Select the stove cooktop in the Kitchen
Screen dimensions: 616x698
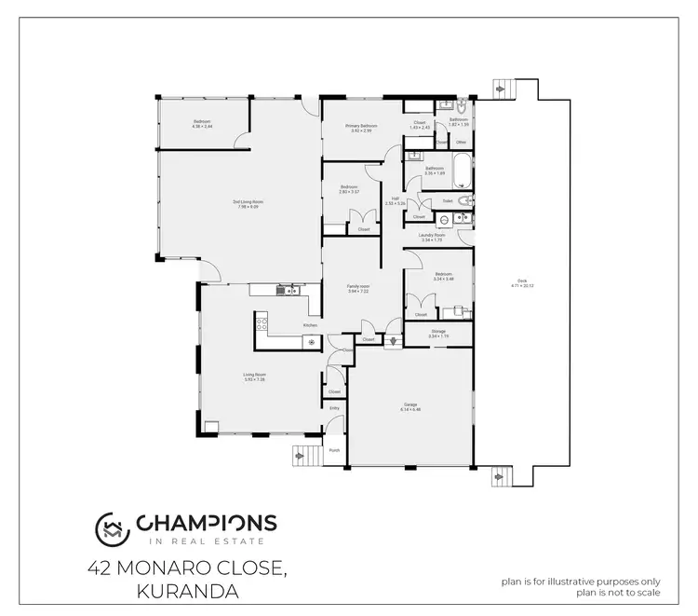click(x=262, y=324)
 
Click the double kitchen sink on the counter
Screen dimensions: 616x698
click(x=291, y=290)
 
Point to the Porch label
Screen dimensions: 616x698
click(x=334, y=450)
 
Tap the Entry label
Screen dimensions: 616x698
click(x=335, y=408)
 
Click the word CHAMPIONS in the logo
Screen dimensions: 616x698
click(x=206, y=523)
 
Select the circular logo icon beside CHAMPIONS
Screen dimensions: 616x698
click(x=113, y=528)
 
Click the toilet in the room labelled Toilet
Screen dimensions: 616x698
click(x=467, y=199)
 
